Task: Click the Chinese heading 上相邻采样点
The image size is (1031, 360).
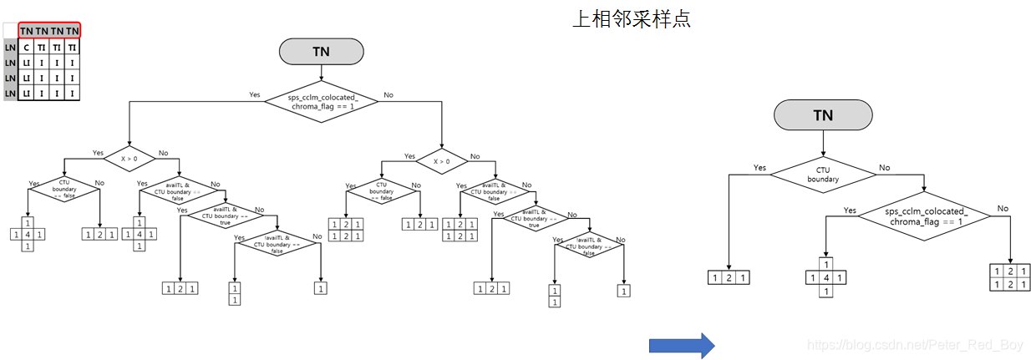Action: (631, 18)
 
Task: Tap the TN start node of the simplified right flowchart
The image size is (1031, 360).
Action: (823, 115)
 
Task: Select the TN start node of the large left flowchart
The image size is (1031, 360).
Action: (321, 52)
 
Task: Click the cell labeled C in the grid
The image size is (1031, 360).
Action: (26, 48)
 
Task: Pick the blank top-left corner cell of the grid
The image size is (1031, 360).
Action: (10, 31)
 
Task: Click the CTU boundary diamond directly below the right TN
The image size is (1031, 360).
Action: (823, 173)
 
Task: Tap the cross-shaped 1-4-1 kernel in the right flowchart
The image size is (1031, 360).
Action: (825, 277)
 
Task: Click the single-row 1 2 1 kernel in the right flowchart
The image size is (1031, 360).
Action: (729, 277)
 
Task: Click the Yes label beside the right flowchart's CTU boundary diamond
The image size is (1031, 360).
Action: (759, 168)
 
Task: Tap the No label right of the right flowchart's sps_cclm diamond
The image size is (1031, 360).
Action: (1003, 208)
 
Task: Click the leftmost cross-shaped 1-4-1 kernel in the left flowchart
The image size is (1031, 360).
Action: (28, 235)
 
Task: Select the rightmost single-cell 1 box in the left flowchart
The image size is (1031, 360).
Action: (623, 291)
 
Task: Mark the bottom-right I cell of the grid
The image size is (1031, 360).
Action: (73, 94)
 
